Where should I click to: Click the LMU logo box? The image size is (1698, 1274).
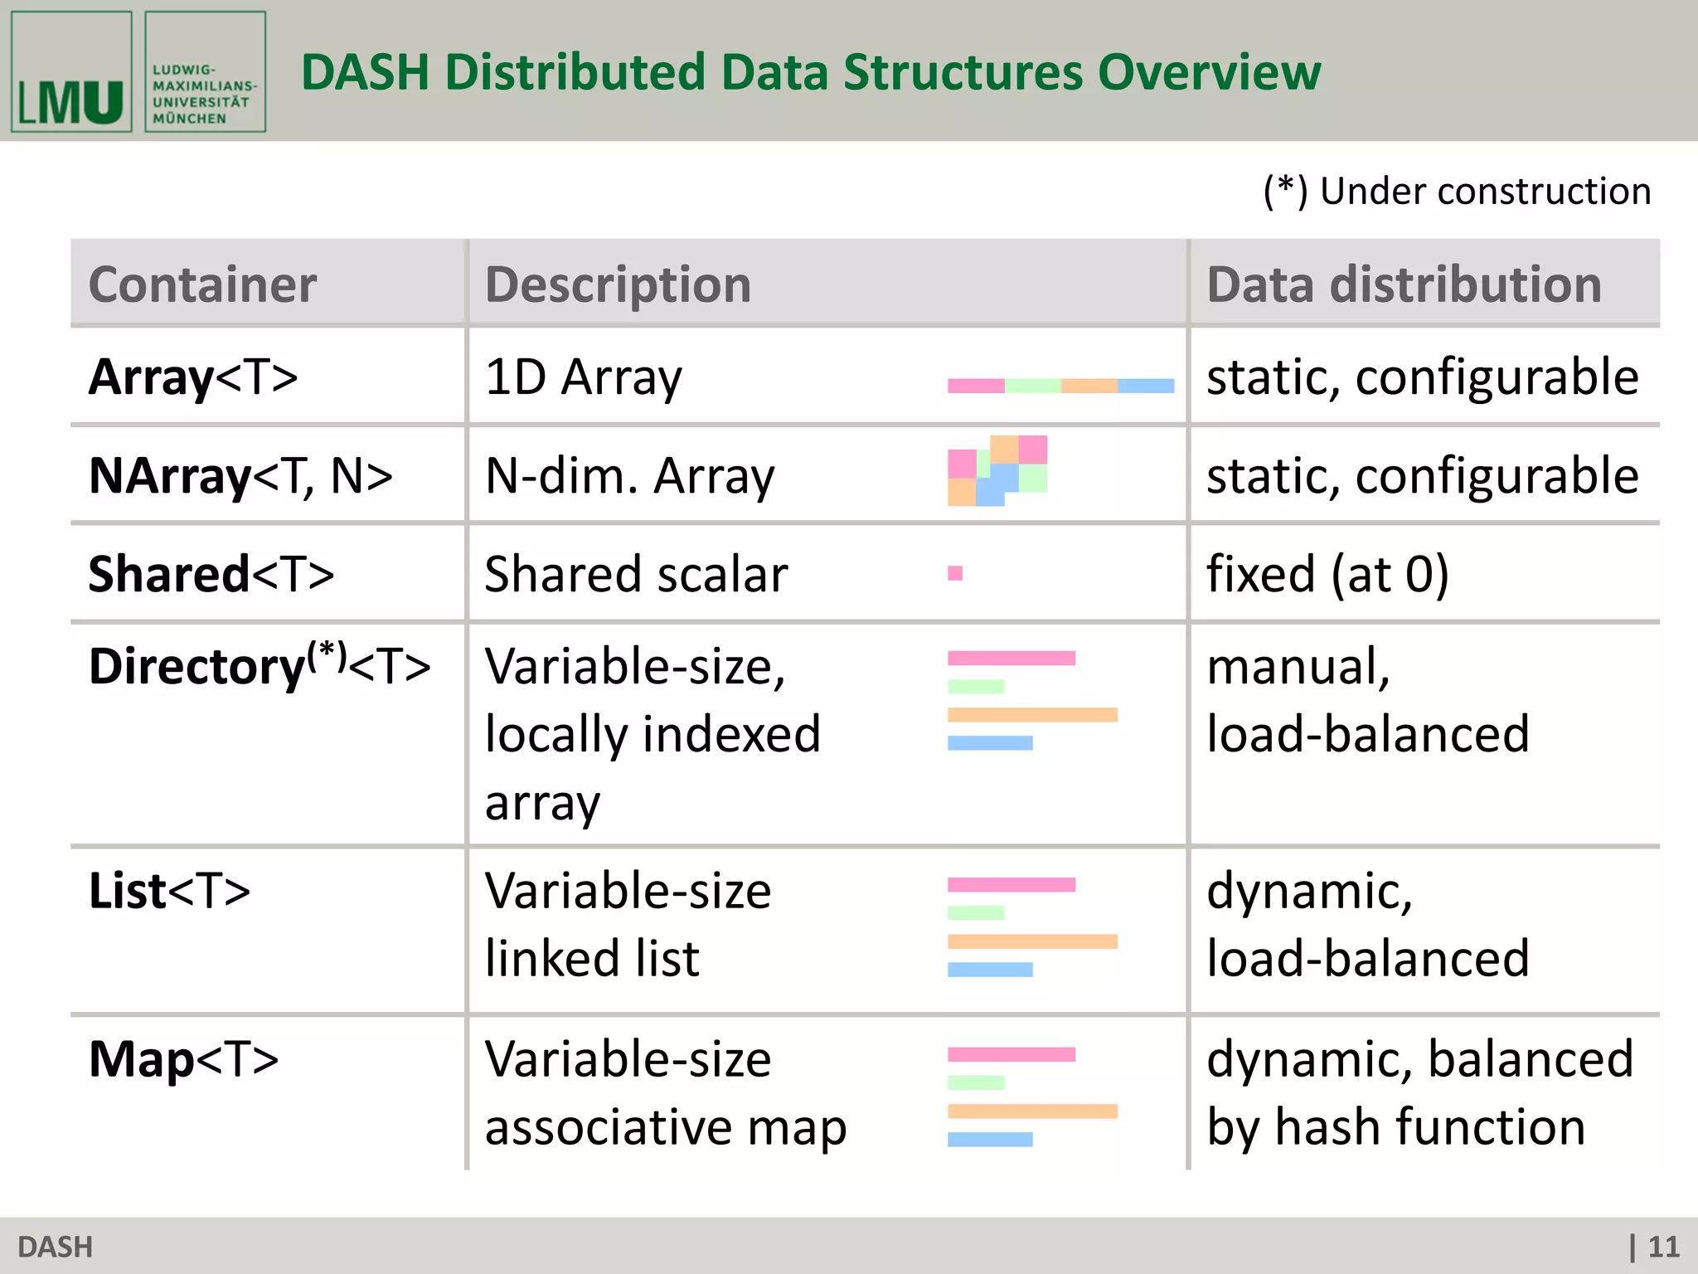click(x=71, y=72)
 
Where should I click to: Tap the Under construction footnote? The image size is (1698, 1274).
click(x=1457, y=192)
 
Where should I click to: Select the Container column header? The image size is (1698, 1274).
click(x=202, y=284)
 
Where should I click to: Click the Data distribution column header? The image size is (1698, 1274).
click(x=1403, y=284)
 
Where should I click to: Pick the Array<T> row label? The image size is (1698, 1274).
click(x=192, y=377)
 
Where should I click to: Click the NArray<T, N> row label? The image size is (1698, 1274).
click(x=240, y=476)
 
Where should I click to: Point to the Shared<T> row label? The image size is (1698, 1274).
click(x=211, y=574)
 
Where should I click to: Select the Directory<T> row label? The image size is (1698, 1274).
click(x=259, y=665)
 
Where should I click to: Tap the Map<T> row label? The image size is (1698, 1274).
click(x=183, y=1059)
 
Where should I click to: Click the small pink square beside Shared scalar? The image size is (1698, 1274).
click(x=955, y=573)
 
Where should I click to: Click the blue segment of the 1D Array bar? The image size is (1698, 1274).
click(x=1146, y=386)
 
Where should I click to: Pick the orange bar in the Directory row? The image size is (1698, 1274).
click(x=1032, y=715)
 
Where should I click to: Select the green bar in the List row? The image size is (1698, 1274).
click(x=976, y=913)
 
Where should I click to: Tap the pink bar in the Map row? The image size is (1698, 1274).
click(x=1012, y=1055)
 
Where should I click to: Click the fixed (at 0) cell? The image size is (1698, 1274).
click(x=1327, y=574)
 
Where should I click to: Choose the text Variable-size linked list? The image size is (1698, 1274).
click(x=628, y=925)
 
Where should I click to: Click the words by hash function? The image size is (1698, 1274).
click(x=1395, y=1127)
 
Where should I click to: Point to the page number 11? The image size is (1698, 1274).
click(x=1662, y=1247)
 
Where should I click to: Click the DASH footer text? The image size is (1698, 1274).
click(x=55, y=1247)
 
